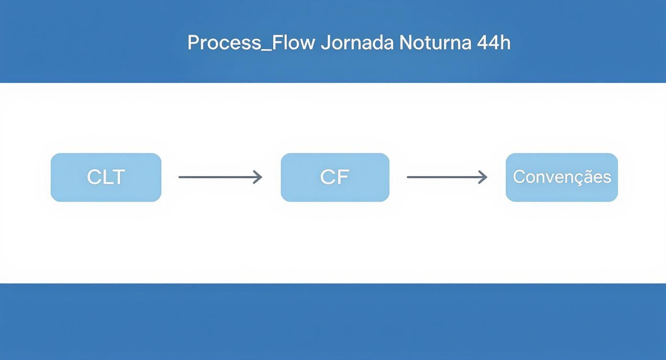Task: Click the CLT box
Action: [106, 178]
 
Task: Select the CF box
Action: [335, 178]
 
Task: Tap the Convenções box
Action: [562, 178]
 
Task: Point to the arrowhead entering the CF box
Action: [259, 177]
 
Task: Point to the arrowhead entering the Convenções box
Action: [484, 177]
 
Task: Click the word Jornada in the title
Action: [357, 43]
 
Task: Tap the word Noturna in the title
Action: [435, 43]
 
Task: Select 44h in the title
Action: [494, 43]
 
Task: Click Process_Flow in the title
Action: [251, 43]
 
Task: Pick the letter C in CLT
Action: [93, 177]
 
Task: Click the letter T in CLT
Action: [119, 177]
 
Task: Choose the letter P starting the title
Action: [193, 43]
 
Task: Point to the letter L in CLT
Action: [107, 177]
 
